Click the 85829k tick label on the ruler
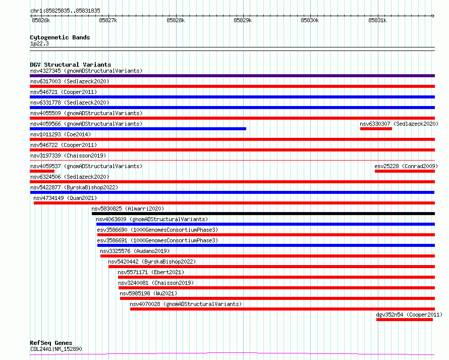tap(243, 20)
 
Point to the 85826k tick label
tap(41, 20)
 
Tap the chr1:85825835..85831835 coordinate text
tap(65, 11)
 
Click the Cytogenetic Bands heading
tap(60, 37)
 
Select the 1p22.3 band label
tap(39, 43)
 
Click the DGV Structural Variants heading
tap(71, 65)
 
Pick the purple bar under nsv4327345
tap(232, 76)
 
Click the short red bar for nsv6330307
tap(376, 129)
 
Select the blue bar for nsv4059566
tap(138, 129)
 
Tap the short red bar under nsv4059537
tap(42, 171)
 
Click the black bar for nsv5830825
tap(263, 214)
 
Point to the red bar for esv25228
tap(405, 171)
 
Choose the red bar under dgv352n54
tap(405, 320)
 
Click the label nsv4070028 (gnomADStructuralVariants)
tap(186, 304)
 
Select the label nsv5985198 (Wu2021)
tap(148, 293)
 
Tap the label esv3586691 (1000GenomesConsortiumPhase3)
tap(157, 240)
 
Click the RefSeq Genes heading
tap(51, 343)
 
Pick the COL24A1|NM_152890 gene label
tap(56, 349)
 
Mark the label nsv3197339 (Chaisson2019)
tap(68, 156)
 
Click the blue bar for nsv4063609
tap(265, 224)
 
